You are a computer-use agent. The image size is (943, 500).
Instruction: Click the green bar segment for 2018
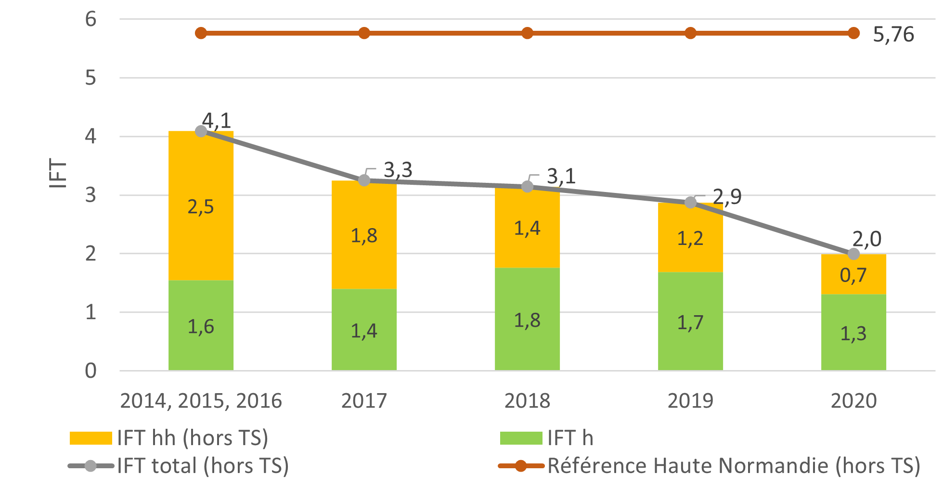tap(527, 319)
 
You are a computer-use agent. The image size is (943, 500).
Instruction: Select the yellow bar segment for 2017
tap(364, 234)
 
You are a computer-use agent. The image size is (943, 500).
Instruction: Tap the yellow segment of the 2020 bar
tap(853, 274)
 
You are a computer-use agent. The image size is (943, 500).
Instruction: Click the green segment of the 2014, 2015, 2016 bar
tap(201, 325)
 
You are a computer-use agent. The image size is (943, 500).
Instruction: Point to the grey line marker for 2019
tap(690, 203)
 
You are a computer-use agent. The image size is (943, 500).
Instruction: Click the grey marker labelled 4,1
tap(201, 131)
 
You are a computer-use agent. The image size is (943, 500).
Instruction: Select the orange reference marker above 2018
tap(527, 33)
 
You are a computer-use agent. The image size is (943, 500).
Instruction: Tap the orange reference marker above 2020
tap(853, 33)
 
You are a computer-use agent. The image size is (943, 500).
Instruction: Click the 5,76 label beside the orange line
tap(893, 35)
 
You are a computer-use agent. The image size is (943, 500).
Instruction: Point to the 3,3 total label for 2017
tap(398, 170)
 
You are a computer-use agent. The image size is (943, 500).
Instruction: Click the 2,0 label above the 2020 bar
tap(866, 239)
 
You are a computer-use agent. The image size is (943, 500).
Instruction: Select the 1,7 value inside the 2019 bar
tap(690, 322)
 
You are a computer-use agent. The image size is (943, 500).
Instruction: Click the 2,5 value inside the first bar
tap(200, 207)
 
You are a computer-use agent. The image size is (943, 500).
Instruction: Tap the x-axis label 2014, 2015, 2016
tap(201, 401)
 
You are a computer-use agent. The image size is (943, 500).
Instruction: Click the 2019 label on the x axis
tap(690, 401)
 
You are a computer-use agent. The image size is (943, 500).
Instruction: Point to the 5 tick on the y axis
tap(90, 78)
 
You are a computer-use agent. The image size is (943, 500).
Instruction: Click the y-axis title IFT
tap(58, 173)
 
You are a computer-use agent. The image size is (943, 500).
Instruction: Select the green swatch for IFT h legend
tap(521, 438)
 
